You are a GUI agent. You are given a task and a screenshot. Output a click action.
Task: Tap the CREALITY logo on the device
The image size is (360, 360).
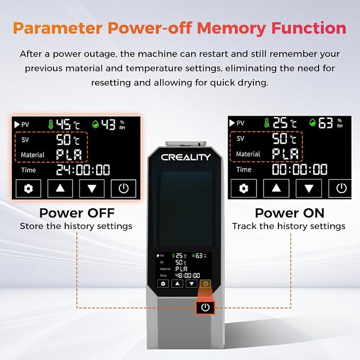(x=186, y=157)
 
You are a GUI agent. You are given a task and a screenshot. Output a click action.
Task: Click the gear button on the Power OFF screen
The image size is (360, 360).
(x=29, y=189)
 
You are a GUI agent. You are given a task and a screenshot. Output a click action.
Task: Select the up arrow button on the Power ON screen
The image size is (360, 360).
(x=276, y=188)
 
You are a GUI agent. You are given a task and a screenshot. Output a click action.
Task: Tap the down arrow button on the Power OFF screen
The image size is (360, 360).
(x=92, y=189)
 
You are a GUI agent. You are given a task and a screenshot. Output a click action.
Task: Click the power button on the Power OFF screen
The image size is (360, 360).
(x=124, y=189)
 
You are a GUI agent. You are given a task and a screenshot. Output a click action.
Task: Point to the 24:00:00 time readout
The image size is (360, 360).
(x=83, y=170)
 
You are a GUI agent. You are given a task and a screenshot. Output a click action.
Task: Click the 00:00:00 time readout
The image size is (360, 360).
(x=300, y=170)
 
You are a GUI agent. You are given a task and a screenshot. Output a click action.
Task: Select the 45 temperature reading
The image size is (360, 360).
(x=64, y=125)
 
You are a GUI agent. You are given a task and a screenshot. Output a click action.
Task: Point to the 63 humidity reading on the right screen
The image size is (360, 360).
(x=326, y=123)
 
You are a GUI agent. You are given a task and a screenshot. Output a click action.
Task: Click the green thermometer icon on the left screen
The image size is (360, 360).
(x=51, y=124)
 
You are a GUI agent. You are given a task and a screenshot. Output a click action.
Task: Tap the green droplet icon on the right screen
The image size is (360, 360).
(x=312, y=123)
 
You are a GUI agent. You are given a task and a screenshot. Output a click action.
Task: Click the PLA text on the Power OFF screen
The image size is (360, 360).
(x=69, y=154)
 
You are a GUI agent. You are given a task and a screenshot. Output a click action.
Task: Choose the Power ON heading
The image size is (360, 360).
(x=289, y=213)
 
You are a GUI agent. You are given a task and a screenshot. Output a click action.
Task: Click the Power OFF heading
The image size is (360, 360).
(x=77, y=213)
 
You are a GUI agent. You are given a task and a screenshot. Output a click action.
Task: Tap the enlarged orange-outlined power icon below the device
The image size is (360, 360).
(x=205, y=308)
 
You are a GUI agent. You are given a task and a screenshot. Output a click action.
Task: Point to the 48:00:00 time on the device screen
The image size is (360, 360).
(x=188, y=276)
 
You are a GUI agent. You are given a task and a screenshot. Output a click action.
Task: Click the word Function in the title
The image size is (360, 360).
(x=309, y=29)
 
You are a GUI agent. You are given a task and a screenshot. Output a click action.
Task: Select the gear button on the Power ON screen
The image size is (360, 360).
(x=243, y=188)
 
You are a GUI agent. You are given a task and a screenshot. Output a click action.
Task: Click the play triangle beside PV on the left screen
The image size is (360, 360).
(x=17, y=125)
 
